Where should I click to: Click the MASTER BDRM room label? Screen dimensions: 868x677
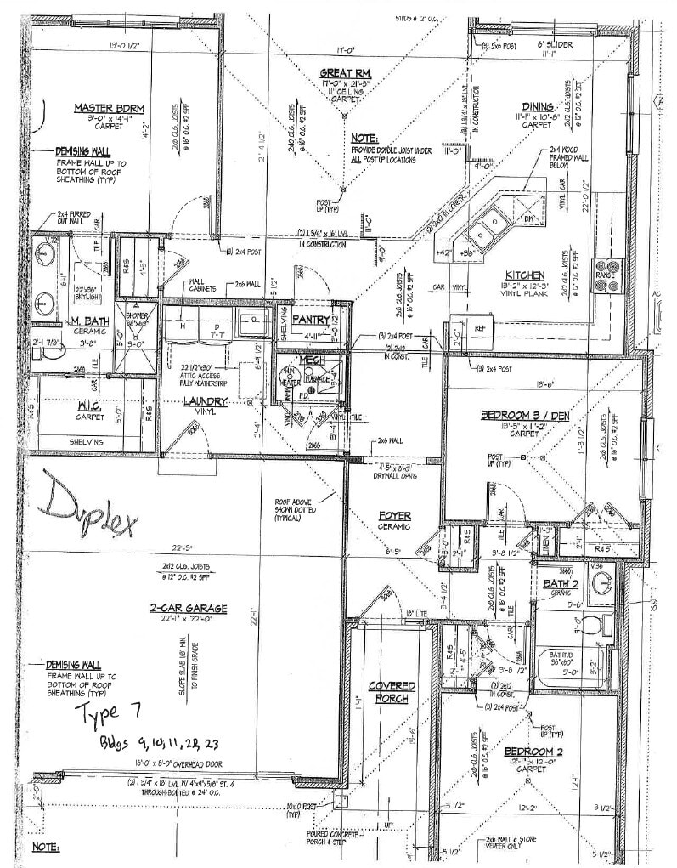click(109, 108)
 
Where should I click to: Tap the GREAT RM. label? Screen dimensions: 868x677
click(346, 74)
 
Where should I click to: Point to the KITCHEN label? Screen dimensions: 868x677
click(525, 275)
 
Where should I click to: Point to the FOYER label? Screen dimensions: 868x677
click(395, 516)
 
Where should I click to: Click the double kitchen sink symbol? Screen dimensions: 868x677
click(485, 224)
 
